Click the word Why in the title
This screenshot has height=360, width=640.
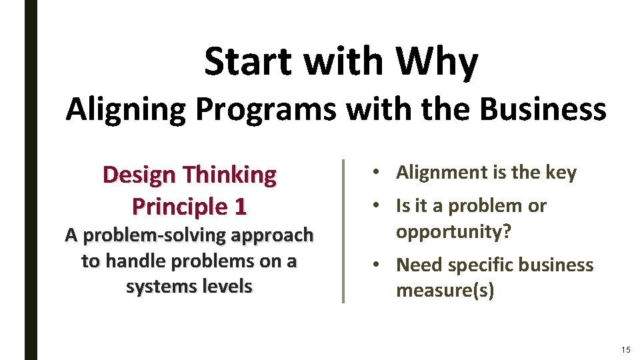(437, 63)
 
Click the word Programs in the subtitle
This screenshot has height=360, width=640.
(266, 109)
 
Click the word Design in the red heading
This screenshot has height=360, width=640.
(140, 175)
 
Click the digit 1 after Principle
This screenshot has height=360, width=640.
(240, 206)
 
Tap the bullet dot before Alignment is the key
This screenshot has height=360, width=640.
(377, 173)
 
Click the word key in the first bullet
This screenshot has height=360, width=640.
(561, 173)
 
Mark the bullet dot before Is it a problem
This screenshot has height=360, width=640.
(377, 206)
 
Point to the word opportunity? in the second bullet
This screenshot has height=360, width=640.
(453, 232)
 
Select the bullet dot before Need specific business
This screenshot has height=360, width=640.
(377, 265)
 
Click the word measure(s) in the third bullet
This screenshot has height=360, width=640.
(445, 291)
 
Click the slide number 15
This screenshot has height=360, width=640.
(625, 350)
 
